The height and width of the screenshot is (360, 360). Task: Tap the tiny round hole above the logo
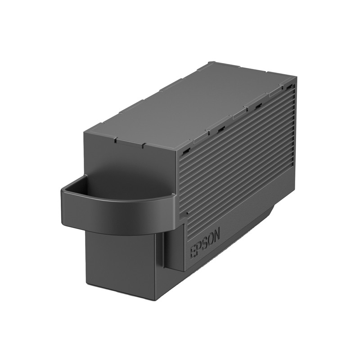click(187, 213)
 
